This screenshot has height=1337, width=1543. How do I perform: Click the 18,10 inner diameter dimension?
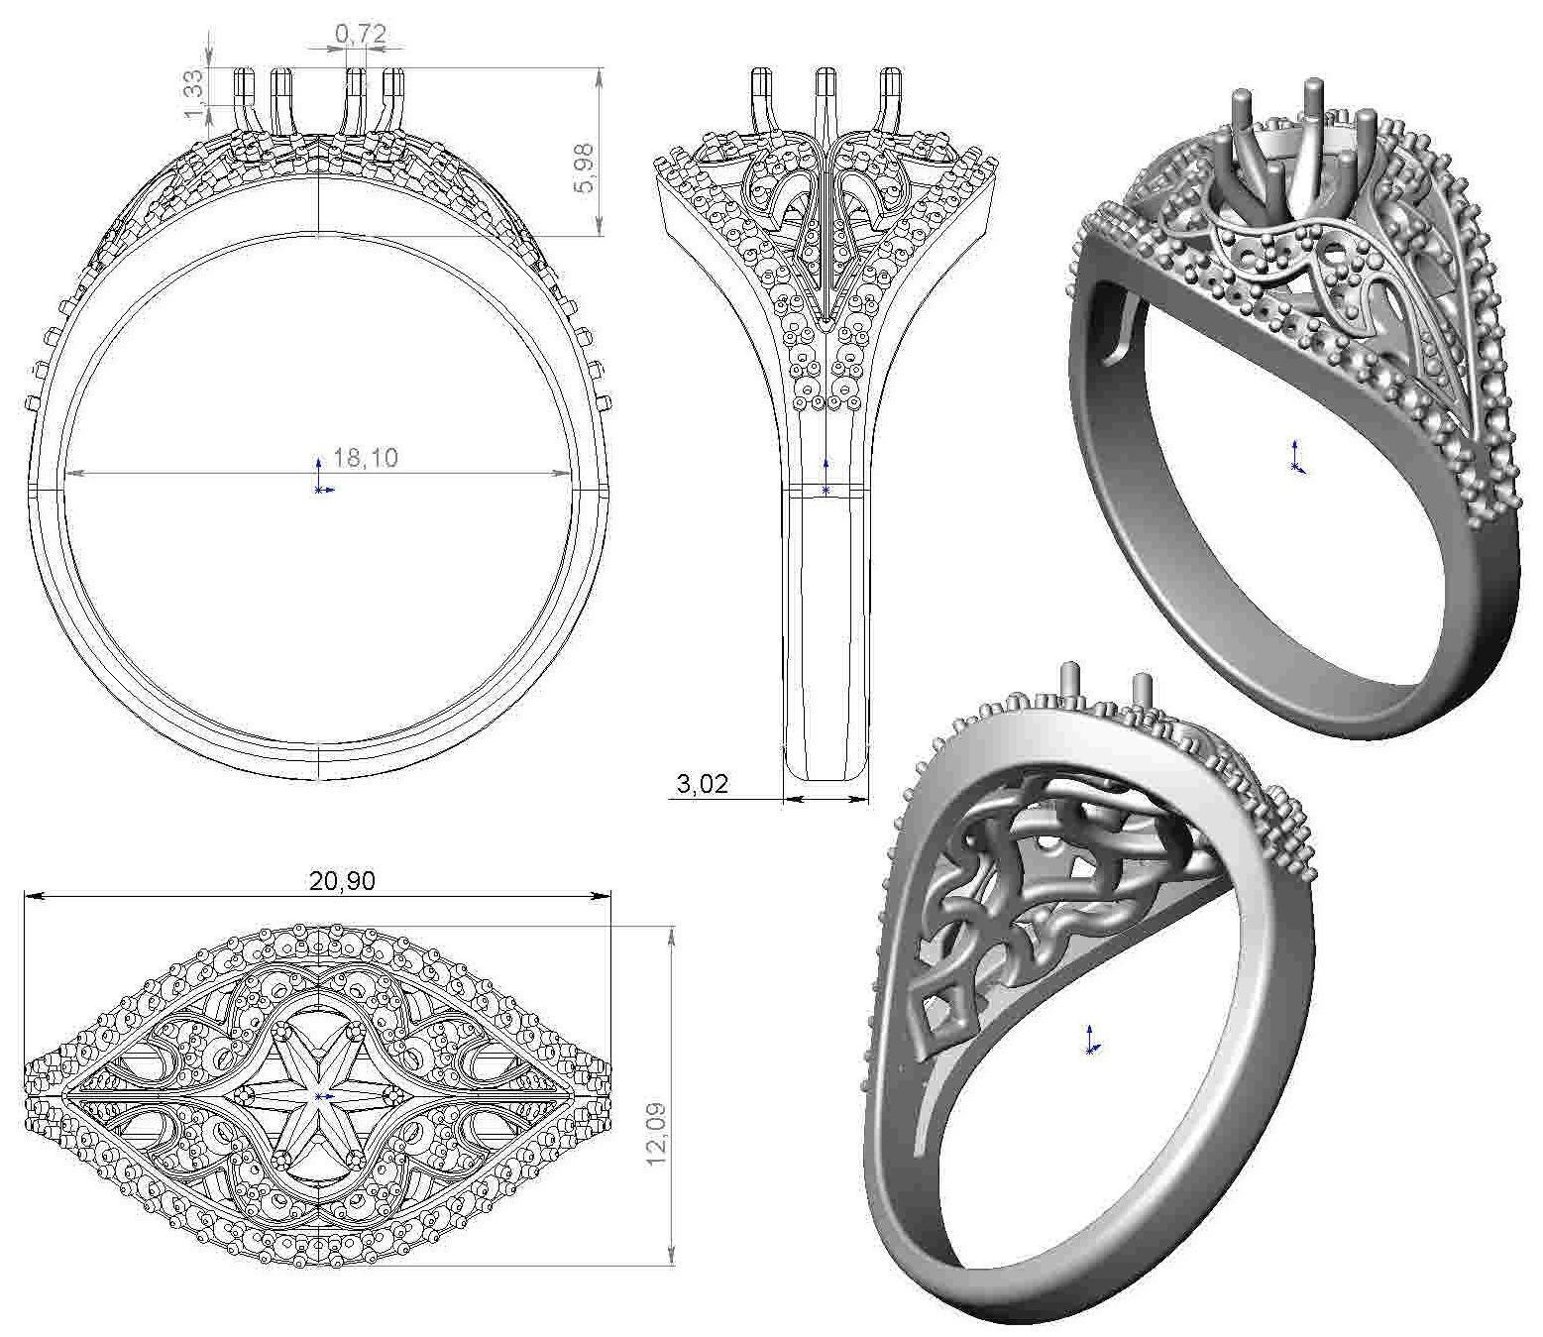click(x=366, y=458)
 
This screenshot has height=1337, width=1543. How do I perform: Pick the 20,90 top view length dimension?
click(x=342, y=880)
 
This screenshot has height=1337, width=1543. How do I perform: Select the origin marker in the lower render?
click(x=1089, y=1043)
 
